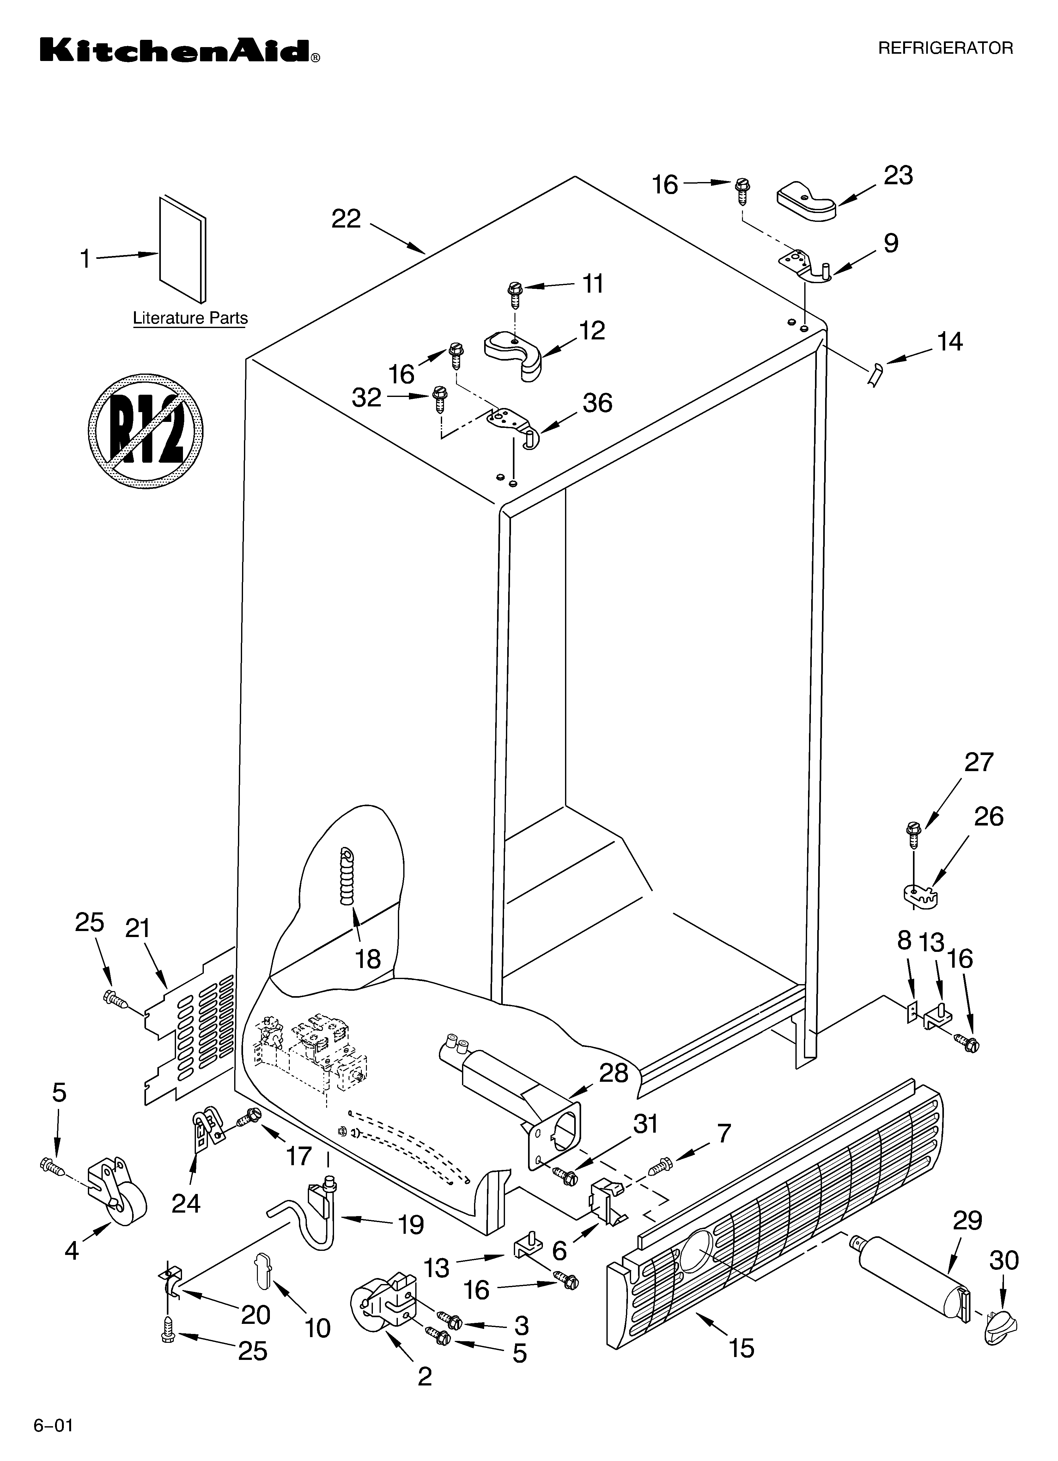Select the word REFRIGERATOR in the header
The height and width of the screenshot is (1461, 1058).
(x=945, y=48)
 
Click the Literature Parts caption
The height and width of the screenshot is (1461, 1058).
(x=190, y=318)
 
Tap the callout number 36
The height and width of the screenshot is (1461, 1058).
(x=597, y=403)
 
